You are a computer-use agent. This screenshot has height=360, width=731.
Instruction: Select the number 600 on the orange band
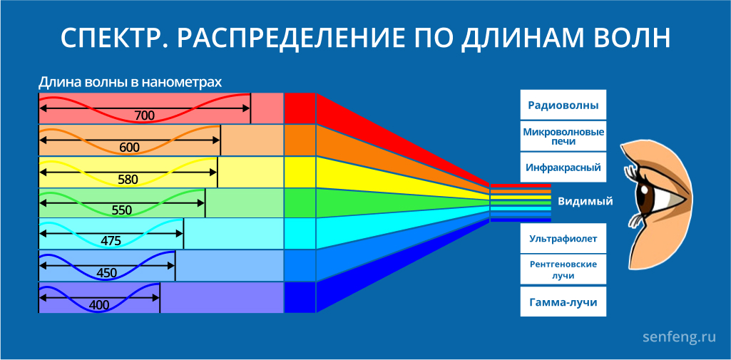pyautogui.click(x=130, y=148)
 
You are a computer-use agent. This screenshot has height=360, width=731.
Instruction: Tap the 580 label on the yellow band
pyautogui.click(x=128, y=180)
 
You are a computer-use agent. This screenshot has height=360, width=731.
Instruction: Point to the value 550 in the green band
pyautogui.click(x=122, y=210)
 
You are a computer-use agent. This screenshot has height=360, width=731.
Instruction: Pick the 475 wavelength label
pyautogui.click(x=111, y=241)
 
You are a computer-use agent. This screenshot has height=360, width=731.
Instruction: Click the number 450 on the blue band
pyautogui.click(x=107, y=273)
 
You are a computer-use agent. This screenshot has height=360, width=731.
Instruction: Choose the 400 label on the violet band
pyautogui.click(x=99, y=306)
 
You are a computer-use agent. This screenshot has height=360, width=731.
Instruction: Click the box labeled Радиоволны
pyautogui.click(x=563, y=105)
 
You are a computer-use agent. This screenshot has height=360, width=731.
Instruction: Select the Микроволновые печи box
pyautogui.click(x=563, y=136)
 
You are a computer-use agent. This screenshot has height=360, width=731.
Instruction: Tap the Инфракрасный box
pyautogui.click(x=563, y=168)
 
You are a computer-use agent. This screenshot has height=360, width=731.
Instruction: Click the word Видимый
pyautogui.click(x=586, y=202)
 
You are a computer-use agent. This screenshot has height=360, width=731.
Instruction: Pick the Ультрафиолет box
pyautogui.click(x=563, y=238)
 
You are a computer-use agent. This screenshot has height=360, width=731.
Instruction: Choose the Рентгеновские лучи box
pyautogui.click(x=563, y=269)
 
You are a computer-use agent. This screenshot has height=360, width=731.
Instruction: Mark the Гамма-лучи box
pyautogui.click(x=563, y=302)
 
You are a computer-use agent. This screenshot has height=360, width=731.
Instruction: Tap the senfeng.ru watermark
pyautogui.click(x=679, y=336)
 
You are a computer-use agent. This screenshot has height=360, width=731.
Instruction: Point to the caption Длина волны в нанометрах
pyautogui.click(x=130, y=83)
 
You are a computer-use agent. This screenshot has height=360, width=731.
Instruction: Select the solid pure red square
pyautogui.click(x=300, y=108)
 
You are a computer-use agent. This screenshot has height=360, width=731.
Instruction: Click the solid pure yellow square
pyautogui.click(x=300, y=172)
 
